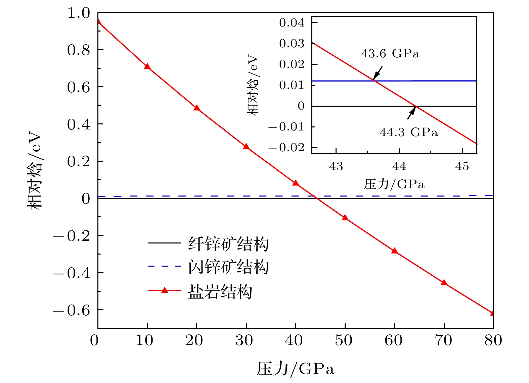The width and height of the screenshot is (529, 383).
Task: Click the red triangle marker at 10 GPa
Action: tap(147, 66)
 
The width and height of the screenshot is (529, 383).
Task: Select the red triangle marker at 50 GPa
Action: tap(345, 218)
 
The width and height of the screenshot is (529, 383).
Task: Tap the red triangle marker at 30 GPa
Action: tap(246, 147)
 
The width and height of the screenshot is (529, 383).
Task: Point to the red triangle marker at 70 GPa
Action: tap(444, 282)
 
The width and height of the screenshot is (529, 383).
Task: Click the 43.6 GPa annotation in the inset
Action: tap(390, 54)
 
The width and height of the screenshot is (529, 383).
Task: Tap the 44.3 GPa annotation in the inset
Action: tap(409, 132)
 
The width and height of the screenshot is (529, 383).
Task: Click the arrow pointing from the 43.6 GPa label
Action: tap(378, 72)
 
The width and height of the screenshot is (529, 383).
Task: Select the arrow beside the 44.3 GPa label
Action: tap(411, 113)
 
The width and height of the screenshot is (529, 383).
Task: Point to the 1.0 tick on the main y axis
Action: tap(79, 13)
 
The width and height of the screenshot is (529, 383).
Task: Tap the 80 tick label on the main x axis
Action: tap(493, 340)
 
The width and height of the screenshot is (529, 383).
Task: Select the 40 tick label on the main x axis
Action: tap(294, 340)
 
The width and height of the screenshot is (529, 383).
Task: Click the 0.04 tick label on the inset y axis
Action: tap(292, 23)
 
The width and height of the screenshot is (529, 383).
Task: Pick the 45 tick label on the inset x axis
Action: tap(462, 166)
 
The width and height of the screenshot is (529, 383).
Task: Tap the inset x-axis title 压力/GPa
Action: tap(394, 184)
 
